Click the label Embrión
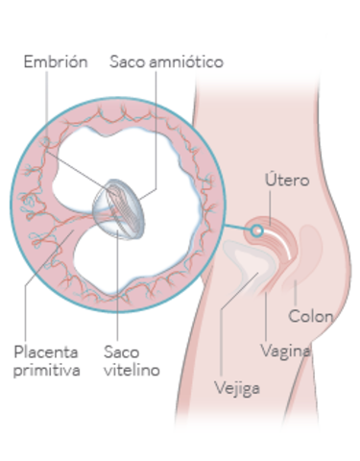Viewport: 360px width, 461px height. pos(56,62)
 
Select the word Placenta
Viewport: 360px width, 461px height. pos(47,351)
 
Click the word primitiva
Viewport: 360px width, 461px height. pos(47,369)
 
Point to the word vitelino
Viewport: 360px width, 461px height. pos(132,369)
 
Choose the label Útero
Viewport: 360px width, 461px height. pos(284,181)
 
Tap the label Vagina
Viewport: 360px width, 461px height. pos(286,351)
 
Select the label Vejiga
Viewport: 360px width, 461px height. pos(237,389)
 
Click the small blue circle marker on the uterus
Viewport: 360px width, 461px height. pos(256,230)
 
